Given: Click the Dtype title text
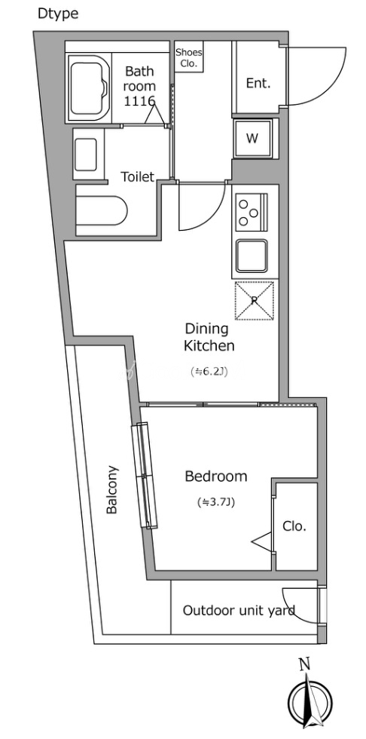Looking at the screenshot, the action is [x=58, y=14].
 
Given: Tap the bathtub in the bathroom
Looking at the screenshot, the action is [x=90, y=88].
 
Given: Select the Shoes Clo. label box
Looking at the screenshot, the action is [x=188, y=58].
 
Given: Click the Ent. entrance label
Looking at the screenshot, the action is [x=258, y=84].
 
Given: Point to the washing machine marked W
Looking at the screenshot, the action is [x=252, y=139].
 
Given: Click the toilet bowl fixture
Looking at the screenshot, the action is [x=102, y=210].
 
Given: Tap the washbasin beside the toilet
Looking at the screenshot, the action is [x=86, y=154].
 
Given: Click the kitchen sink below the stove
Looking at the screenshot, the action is [x=252, y=256].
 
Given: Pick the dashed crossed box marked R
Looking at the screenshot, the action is [x=254, y=301].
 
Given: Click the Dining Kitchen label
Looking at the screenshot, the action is [x=209, y=337].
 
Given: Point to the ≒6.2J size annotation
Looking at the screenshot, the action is [x=209, y=372].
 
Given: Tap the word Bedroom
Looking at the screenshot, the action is [x=216, y=477].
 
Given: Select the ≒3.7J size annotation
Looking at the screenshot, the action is [x=216, y=502].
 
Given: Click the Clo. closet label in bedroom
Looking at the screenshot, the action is [x=294, y=526].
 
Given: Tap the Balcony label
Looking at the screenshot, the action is [x=112, y=489].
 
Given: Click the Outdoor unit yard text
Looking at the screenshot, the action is [x=239, y=611].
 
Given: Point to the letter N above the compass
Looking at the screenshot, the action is [x=305, y=665].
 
